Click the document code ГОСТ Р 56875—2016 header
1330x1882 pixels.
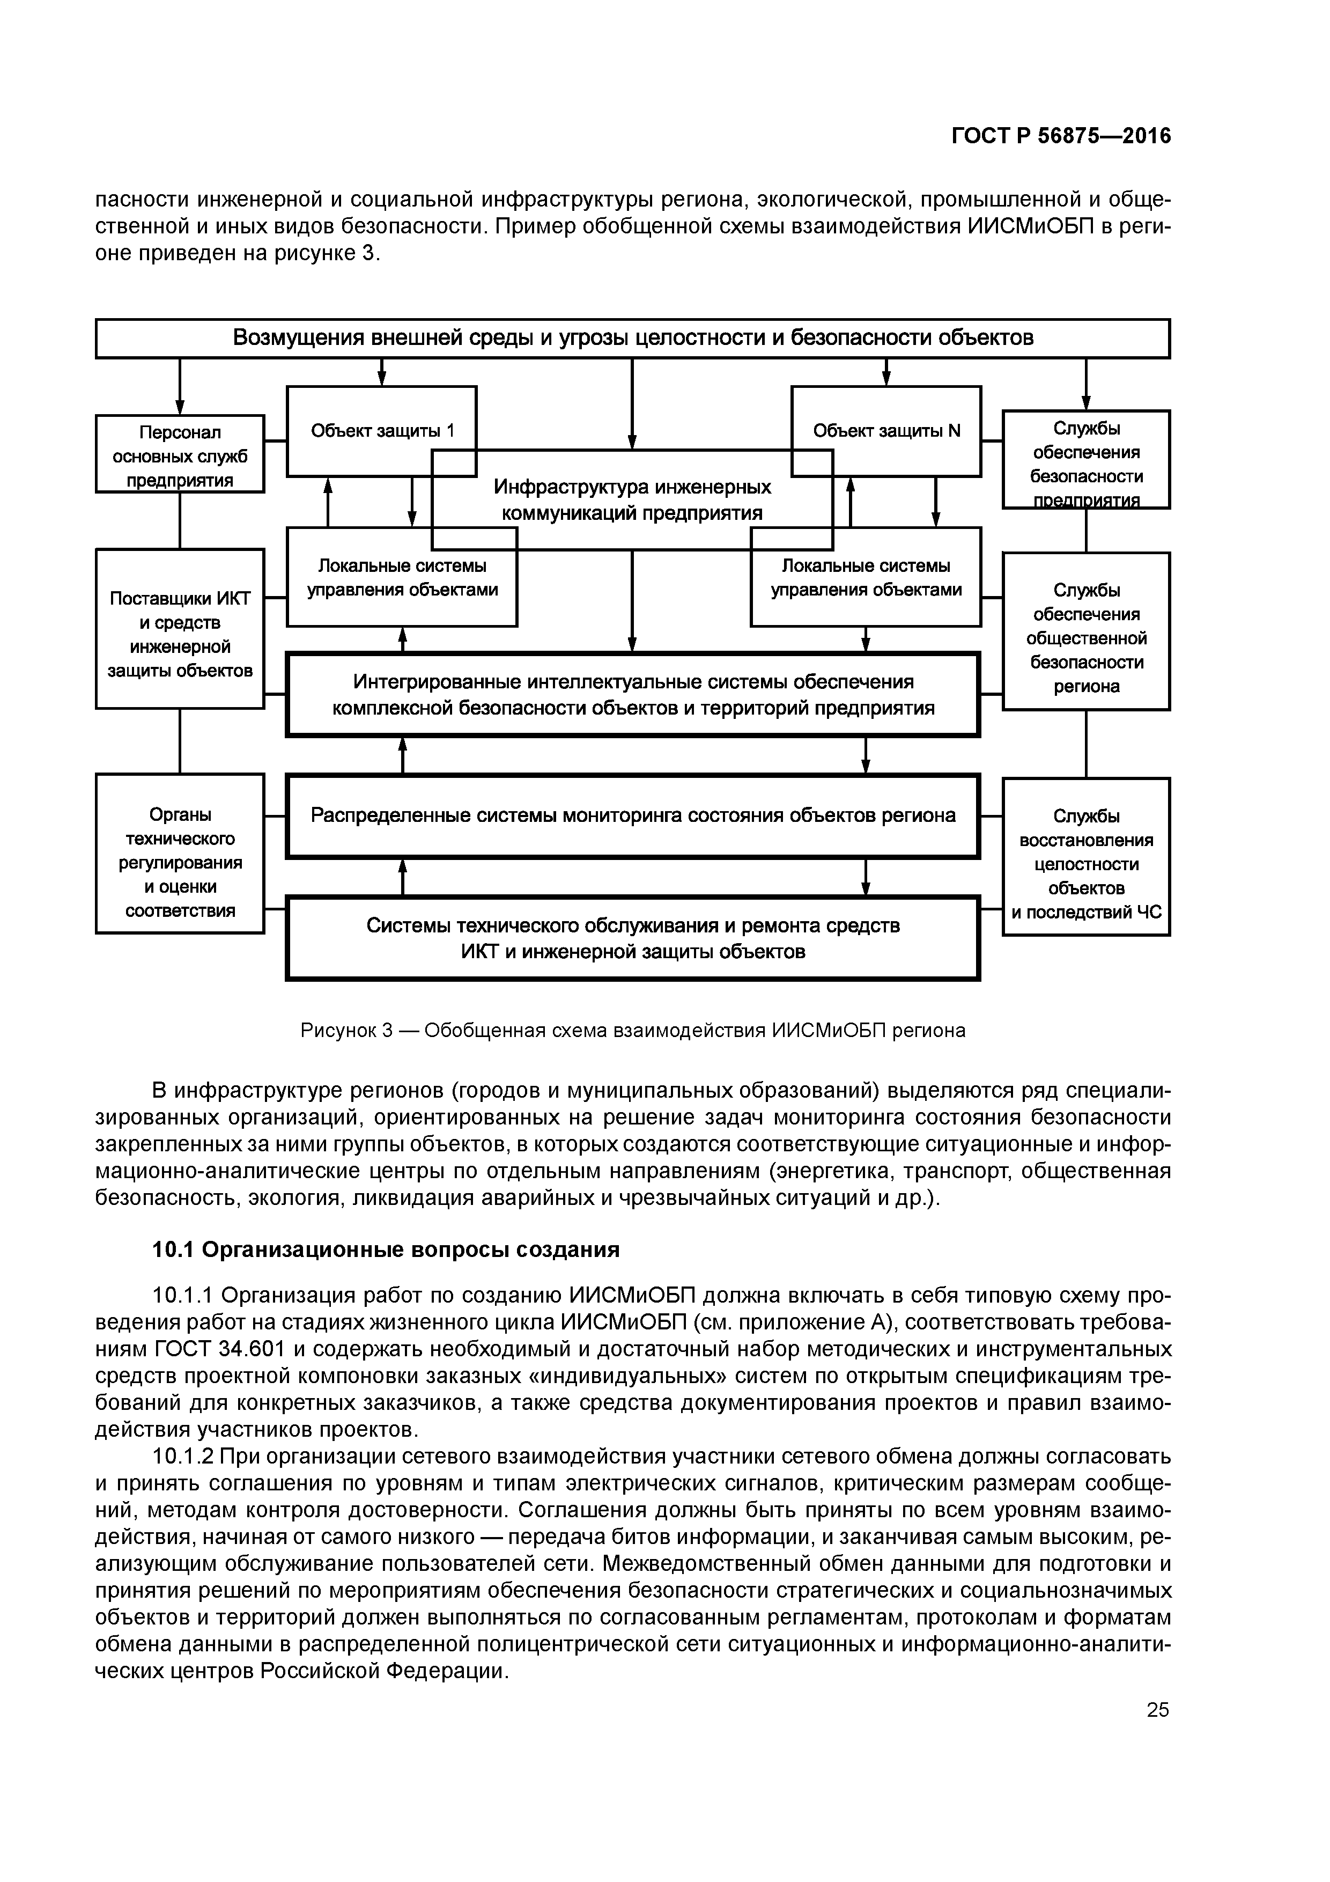point(1061,136)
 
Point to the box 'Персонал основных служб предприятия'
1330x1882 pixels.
point(180,455)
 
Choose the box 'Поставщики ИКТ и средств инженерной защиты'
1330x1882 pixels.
point(180,634)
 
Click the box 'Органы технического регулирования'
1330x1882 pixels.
point(180,862)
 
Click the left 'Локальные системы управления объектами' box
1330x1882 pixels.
point(402,578)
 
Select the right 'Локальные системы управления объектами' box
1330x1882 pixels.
point(866,578)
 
